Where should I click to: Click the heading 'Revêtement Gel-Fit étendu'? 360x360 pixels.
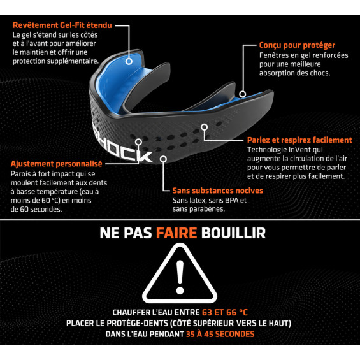click(x=62, y=25)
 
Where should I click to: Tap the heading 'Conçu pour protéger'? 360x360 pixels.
click(x=297, y=45)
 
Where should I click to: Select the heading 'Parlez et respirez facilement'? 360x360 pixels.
click(x=299, y=140)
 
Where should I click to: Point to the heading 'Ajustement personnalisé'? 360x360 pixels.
click(x=56, y=164)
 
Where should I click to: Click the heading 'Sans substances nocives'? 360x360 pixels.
click(x=218, y=191)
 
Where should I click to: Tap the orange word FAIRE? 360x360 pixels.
click(x=176, y=233)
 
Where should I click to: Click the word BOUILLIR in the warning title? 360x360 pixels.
click(x=233, y=233)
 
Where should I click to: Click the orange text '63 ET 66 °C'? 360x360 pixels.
click(x=225, y=312)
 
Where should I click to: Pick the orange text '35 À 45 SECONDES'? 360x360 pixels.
click(x=220, y=334)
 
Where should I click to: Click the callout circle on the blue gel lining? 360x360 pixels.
click(x=129, y=61)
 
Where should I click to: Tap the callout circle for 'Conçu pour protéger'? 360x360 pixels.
click(x=243, y=94)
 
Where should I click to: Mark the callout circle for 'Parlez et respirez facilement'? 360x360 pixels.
click(x=205, y=127)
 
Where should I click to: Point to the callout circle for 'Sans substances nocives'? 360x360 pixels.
click(x=163, y=159)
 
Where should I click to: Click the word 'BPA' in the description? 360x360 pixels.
click(x=232, y=201)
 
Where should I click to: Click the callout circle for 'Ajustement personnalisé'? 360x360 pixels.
click(x=138, y=142)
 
